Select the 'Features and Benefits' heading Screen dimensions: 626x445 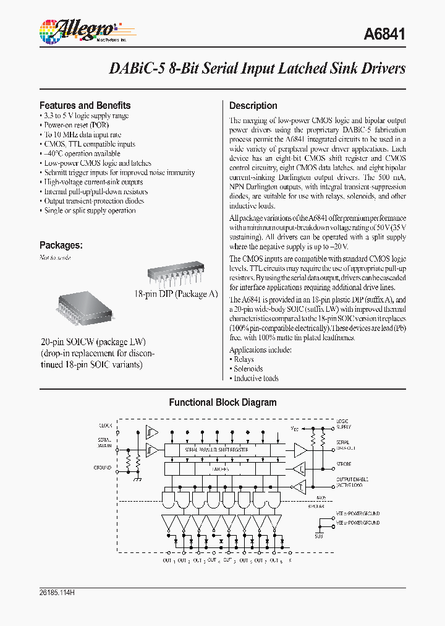(85, 105)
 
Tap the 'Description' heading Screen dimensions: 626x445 (253, 105)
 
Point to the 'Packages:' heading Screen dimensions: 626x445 (61, 245)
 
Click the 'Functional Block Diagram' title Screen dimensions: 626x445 (222, 402)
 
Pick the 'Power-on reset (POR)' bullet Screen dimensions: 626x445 (73, 125)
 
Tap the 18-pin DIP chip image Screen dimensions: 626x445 (174, 272)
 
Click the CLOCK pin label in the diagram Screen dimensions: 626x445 (106, 426)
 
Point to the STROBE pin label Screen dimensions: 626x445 (344, 464)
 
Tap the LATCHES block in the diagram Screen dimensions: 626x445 (216, 469)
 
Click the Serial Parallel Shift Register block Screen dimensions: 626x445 (216, 450)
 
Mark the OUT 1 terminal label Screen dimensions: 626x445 (167, 560)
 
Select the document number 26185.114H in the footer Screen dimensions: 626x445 (57, 593)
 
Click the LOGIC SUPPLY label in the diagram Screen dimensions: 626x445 (343, 424)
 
